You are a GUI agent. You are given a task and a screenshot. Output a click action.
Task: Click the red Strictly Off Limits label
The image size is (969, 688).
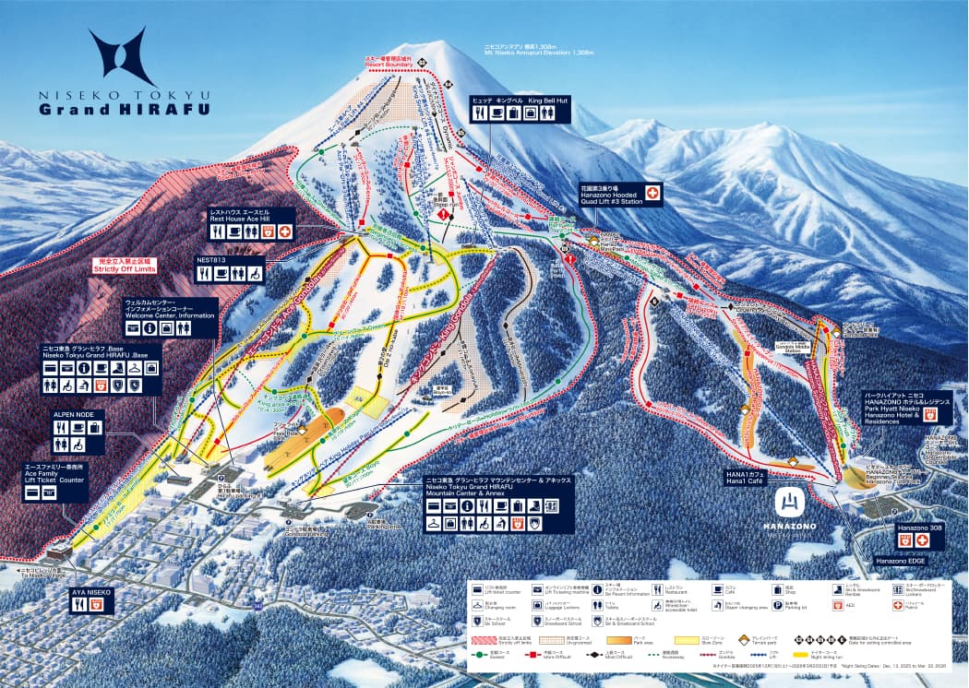125,267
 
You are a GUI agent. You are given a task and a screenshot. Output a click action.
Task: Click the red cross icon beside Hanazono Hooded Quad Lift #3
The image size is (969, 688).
652,193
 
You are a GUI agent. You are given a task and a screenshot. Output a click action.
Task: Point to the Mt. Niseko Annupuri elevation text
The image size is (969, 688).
539,53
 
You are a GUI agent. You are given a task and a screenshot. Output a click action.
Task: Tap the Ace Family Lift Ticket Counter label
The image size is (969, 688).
55,474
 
